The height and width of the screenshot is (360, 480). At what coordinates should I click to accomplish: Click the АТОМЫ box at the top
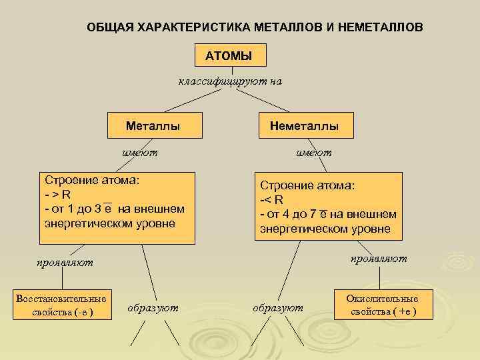(x=229, y=56)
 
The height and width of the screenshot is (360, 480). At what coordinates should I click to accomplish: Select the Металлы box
(x=153, y=125)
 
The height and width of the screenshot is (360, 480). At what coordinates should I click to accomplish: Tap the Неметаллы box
(x=304, y=125)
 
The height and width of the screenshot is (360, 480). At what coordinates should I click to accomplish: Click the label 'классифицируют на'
(x=230, y=82)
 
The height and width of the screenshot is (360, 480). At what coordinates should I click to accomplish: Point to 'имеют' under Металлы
(x=140, y=152)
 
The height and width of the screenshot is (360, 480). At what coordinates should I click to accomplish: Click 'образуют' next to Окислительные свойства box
(x=278, y=307)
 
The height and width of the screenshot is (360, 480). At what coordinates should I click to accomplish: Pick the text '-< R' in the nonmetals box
(x=272, y=199)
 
